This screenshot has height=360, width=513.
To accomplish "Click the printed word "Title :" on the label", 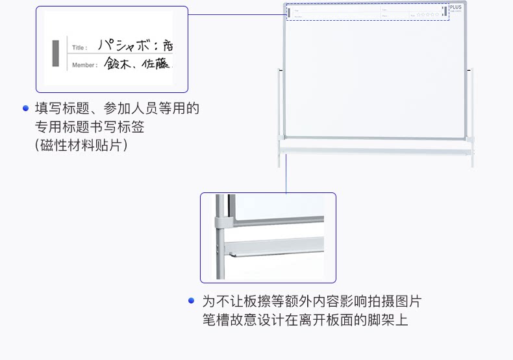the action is (80, 47).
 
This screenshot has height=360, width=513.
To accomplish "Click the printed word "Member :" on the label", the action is (84, 65).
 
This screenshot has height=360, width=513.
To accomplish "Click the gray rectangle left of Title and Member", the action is (56, 53).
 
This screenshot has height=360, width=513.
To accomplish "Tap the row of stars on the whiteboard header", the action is (428, 14).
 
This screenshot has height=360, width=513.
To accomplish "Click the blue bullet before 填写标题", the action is (25, 108).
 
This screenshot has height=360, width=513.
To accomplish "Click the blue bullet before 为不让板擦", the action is (191, 301).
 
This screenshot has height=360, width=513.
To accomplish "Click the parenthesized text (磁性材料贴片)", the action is (81, 145).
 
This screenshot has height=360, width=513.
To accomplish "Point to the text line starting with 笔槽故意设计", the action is (305, 320).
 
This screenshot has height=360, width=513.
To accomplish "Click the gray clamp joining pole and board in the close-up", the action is (223, 222).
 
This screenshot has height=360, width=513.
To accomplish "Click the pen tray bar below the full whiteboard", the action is (377, 151).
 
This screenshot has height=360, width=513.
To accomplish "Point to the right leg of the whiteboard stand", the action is (471, 117).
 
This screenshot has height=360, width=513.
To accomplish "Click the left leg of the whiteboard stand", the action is (281, 117).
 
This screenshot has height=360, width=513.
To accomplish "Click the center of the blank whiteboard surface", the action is (376, 78).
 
